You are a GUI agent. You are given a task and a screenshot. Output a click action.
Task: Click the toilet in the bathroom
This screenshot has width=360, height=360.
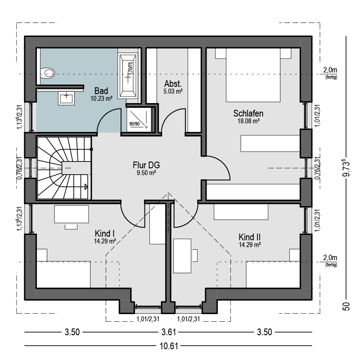(48, 73)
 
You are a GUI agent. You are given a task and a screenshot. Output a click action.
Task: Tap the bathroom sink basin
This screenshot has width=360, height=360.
(66, 99)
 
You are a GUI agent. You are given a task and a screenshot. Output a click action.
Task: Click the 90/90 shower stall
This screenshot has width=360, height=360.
(139, 119)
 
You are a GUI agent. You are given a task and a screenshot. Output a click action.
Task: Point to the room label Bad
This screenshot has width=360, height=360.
(101, 91)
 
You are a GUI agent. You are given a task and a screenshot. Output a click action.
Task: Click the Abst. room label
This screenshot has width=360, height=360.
(173, 84)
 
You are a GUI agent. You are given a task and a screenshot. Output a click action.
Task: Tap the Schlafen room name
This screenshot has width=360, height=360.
(248, 113)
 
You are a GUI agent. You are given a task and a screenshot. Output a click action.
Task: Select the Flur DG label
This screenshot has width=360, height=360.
(146, 165)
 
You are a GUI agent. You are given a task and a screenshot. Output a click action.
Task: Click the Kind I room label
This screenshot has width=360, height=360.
(105, 234)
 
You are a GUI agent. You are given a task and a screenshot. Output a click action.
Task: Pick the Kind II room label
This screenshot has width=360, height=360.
(250, 237)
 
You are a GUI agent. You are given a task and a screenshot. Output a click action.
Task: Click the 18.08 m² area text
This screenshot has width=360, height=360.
(248, 121)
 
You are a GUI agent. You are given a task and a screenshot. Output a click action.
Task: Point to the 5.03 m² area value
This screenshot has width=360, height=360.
(173, 91)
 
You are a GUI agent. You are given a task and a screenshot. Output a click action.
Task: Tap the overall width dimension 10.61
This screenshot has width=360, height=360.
(169, 346)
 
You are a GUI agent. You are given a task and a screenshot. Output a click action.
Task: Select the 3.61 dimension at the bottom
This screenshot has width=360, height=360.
(168, 332)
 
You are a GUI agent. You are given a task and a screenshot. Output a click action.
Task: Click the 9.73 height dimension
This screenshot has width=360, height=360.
(346, 168)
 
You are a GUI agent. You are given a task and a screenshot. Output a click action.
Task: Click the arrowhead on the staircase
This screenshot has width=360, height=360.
(86, 187)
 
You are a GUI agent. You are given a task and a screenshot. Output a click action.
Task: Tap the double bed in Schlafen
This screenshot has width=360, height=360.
(253, 75)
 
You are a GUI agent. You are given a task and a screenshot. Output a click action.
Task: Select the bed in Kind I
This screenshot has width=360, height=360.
(63, 274)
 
